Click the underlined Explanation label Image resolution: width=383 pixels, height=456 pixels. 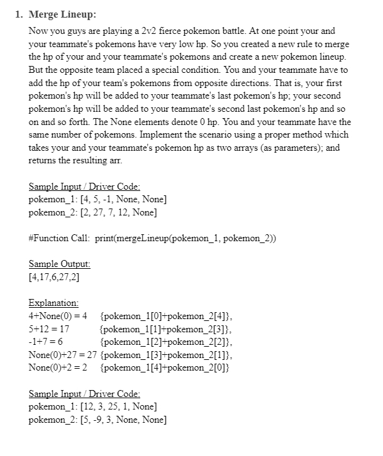53,303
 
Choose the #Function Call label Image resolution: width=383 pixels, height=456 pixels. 60,239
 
